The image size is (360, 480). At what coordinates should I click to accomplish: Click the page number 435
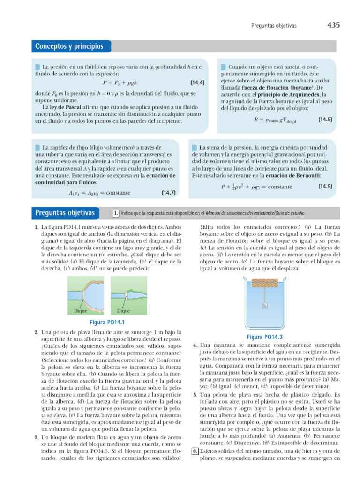pos(333,24)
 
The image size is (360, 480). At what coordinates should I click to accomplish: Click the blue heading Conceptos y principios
pos(69,46)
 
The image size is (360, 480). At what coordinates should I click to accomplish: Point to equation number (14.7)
pos(168,192)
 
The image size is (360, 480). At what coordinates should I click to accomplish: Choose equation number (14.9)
pos(325,186)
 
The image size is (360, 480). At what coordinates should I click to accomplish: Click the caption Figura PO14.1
pos(107,322)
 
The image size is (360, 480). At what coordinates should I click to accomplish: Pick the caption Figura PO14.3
pos(264,337)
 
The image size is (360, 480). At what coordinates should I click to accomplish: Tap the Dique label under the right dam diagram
pos(123,311)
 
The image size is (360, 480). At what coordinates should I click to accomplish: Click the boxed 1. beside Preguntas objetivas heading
pos(115,214)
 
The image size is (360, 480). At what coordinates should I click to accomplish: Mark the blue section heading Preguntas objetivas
pos(65,213)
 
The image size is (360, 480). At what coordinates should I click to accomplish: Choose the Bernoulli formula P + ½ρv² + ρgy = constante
pos(256,187)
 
